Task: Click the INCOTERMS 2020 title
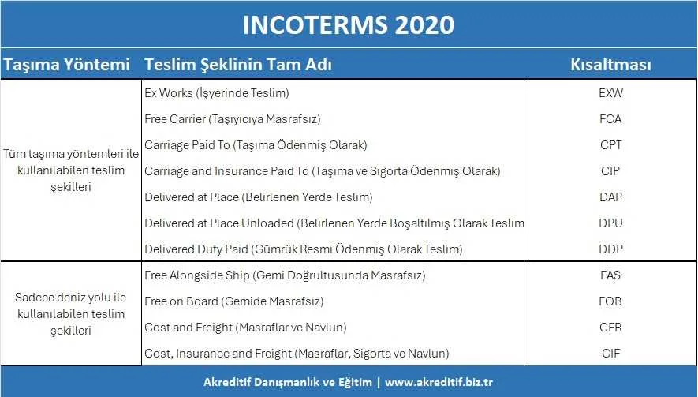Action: point(349,24)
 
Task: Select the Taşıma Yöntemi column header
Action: point(67,64)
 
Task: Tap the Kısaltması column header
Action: point(610,64)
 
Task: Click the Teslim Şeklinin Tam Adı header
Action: point(238,64)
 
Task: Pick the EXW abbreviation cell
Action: point(610,92)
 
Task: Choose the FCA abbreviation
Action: point(610,119)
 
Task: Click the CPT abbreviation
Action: point(610,144)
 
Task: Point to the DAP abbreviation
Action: point(610,197)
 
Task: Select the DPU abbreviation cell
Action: point(610,223)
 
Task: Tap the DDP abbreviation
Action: point(610,249)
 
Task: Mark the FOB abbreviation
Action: point(610,301)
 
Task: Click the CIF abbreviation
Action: point(610,354)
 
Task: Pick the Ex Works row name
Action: point(217,93)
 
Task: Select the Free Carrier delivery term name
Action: point(233,119)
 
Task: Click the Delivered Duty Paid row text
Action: point(304,249)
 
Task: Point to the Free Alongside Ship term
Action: point(285,275)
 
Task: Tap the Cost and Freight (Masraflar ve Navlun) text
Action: point(245,328)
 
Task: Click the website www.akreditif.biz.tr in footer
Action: point(439,382)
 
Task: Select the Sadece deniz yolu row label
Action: point(71,313)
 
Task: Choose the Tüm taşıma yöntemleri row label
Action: point(71,170)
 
